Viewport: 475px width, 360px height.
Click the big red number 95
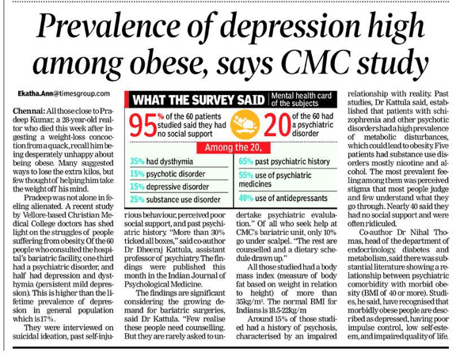pos(142,125)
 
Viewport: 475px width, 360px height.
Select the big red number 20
pos(278,125)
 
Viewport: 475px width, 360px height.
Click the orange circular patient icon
pos(245,125)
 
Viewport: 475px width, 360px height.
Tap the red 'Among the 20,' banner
pos(234,148)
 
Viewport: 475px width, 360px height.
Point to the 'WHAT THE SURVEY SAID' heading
pos(199,100)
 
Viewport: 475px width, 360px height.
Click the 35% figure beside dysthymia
pos(137,161)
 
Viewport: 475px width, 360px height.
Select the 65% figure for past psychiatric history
pos(246,161)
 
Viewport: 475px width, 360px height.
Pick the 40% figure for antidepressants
pos(246,198)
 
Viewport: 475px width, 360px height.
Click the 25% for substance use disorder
pos(137,199)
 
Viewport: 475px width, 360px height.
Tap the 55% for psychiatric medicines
pos(246,175)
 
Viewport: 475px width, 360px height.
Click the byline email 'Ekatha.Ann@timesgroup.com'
pos(64,93)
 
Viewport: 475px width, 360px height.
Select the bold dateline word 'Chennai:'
pos(29,111)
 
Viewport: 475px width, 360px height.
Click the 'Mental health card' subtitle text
pos(302,96)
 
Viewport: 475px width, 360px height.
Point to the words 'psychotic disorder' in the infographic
pos(176,174)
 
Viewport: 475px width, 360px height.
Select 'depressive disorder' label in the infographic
pos(177,187)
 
